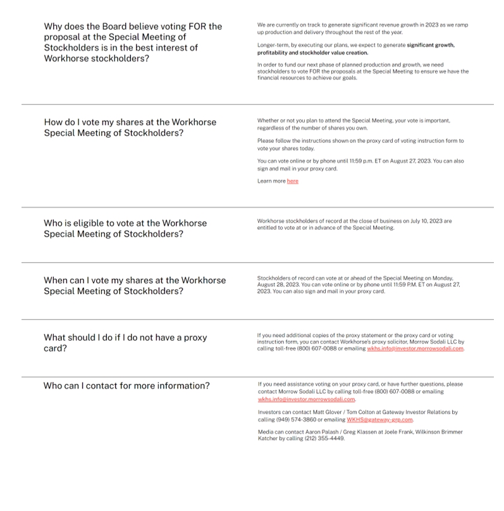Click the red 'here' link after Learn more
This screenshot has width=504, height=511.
click(292, 182)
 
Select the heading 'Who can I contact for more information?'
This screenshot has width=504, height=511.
click(126, 386)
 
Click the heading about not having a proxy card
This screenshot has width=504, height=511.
click(125, 343)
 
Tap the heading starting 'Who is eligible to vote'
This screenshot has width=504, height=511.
click(125, 228)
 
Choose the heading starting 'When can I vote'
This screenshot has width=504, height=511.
click(134, 285)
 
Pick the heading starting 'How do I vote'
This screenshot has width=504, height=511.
click(130, 127)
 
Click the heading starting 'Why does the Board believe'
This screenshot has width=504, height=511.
click(133, 42)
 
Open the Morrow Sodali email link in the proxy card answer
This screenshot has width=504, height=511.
click(415, 348)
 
